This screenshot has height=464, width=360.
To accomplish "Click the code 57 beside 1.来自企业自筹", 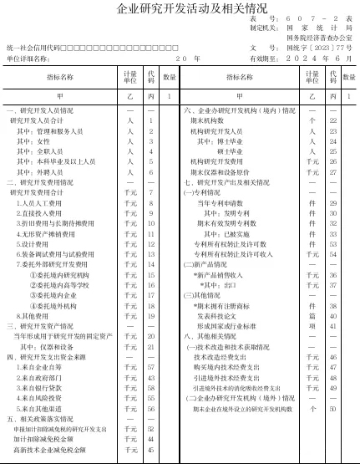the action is [x=151, y=367].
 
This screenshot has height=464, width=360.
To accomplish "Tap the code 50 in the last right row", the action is [x=332, y=408].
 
